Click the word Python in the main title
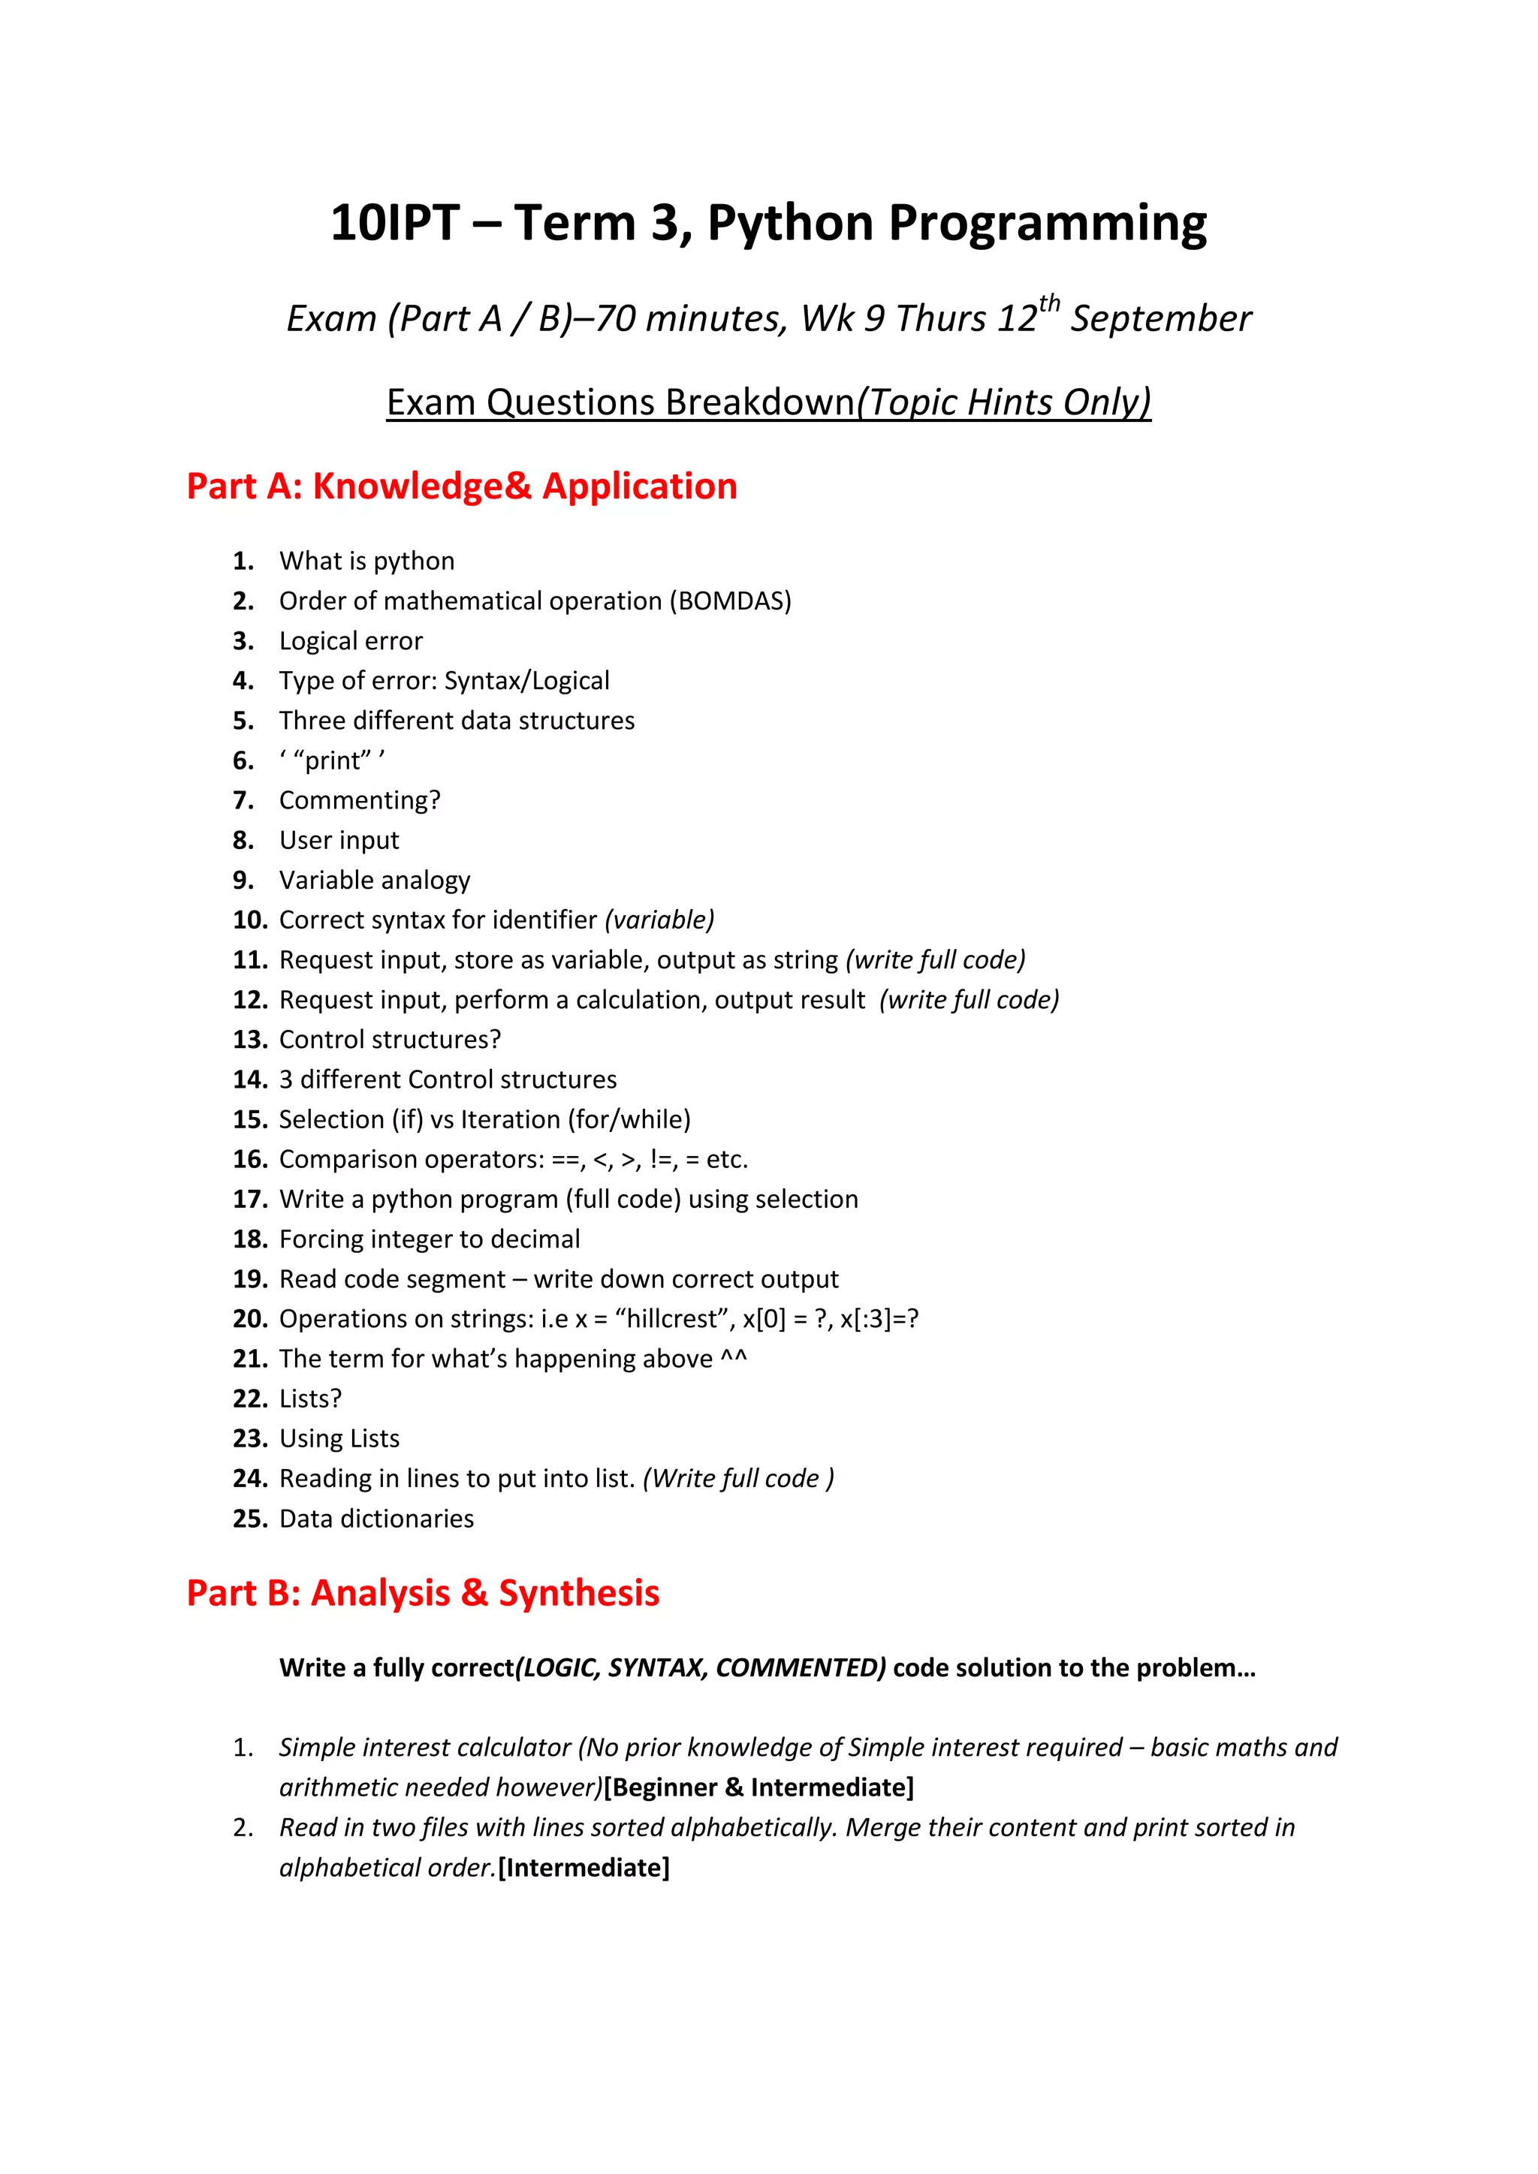point(790,225)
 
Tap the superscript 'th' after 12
point(1048,304)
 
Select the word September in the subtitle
point(1161,319)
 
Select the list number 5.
point(243,721)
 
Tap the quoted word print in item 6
point(333,761)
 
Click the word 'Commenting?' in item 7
point(360,801)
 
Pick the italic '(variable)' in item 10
point(659,920)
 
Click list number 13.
point(250,1040)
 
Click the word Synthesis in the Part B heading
point(579,1594)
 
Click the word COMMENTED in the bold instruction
point(801,1667)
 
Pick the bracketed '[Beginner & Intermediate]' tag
point(758,1787)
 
